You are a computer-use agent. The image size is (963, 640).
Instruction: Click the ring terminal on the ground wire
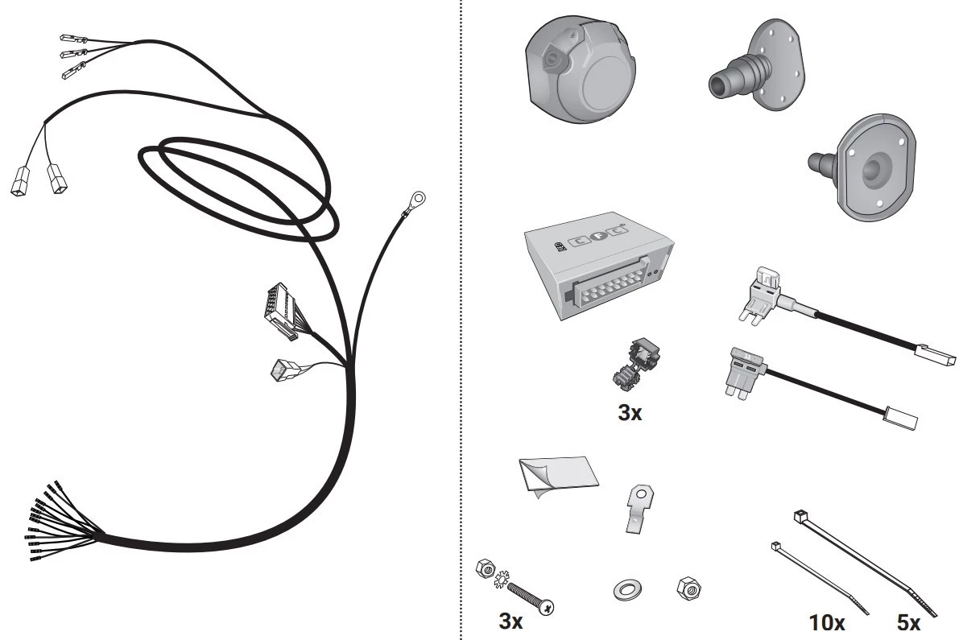416,199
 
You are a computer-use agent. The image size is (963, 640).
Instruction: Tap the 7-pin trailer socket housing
581,68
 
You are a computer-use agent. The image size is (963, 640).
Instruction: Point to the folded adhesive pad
557,475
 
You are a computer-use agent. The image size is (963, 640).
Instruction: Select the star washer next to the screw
501,579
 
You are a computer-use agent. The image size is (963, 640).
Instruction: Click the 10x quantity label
827,623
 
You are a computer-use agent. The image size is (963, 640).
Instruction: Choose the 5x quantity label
908,623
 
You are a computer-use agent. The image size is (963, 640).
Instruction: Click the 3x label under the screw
510,621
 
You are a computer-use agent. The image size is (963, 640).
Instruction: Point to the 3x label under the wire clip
630,413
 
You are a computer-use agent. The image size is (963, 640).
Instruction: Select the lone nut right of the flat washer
688,588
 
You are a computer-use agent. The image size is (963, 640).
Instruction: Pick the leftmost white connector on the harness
19,181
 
